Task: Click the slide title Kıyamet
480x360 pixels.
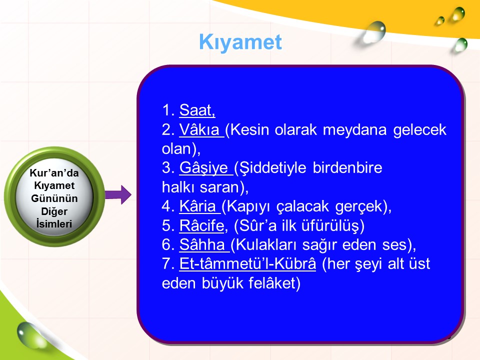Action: tap(240, 42)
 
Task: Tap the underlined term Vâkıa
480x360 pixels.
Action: tap(199, 129)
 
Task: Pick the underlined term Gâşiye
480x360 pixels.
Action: tap(203, 168)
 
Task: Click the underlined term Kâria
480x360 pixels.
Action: tap(197, 206)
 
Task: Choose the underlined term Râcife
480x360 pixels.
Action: tap(201, 225)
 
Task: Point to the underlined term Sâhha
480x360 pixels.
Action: tap(202, 244)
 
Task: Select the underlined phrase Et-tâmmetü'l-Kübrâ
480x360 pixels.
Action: tap(247, 263)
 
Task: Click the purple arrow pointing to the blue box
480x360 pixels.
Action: tap(118, 194)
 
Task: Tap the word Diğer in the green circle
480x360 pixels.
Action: tap(54, 211)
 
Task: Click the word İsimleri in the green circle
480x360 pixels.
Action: tap(54, 224)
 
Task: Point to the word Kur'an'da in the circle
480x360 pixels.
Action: tap(54, 173)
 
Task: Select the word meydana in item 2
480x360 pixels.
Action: tap(355, 130)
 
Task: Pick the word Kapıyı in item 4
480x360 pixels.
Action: tap(248, 206)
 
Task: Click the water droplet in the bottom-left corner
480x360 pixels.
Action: tap(27, 335)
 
